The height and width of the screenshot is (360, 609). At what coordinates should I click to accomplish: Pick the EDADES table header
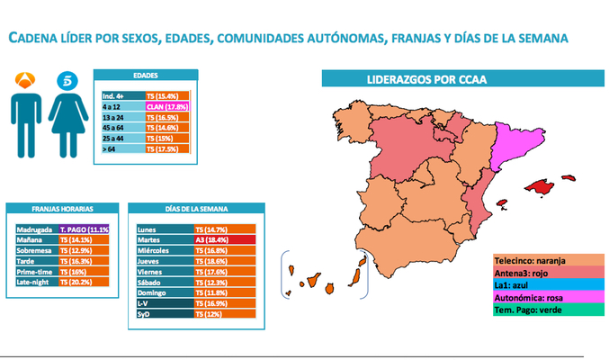(x=145, y=76)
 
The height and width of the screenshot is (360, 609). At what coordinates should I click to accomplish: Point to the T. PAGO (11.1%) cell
(x=84, y=229)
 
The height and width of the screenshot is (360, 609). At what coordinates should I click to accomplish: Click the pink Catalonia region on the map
(x=519, y=144)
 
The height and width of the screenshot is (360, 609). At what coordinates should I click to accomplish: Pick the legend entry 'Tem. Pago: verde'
(x=539, y=310)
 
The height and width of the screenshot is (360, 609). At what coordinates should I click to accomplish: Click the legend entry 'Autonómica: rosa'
(x=539, y=298)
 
